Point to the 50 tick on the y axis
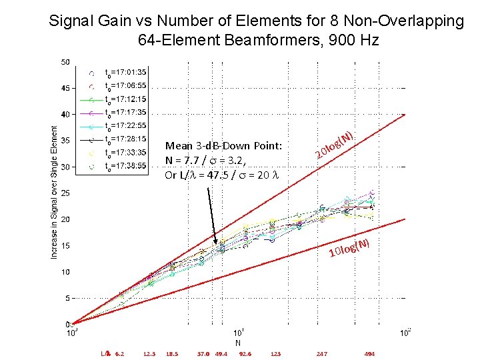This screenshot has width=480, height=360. [65, 62]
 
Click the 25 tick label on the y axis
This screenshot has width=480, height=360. [65, 193]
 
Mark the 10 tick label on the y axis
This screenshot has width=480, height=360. [65, 272]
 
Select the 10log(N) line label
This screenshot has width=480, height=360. [349, 249]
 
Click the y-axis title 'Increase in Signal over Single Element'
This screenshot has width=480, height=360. [54, 193]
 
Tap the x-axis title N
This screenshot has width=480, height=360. [238, 343]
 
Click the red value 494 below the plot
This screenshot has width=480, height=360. [369, 354]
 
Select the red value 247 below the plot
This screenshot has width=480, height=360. [322, 354]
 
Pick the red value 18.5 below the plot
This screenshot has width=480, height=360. [172, 354]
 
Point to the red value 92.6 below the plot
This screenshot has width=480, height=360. [245, 354]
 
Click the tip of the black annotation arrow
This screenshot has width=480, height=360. [216, 244]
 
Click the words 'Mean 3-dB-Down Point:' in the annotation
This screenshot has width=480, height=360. [223, 146]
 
